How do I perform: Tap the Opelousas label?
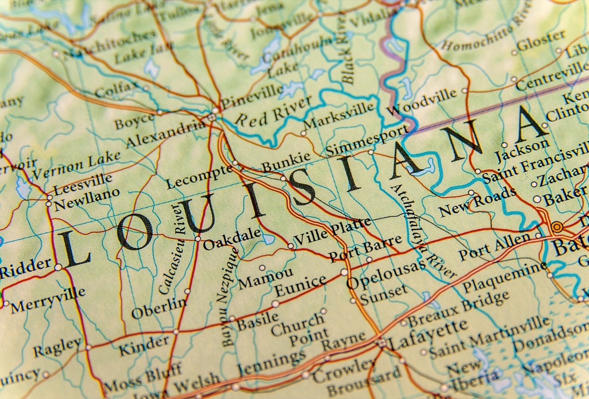pyautogui.click(x=386, y=275)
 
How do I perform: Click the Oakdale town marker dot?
pyautogui.click(x=198, y=239)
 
